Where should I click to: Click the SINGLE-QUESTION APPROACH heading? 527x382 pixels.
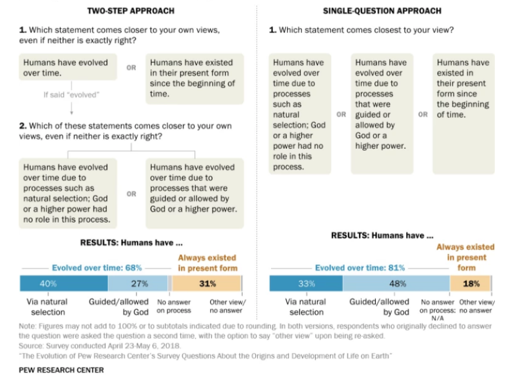(x=382, y=11)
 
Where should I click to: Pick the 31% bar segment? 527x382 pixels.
(x=206, y=283)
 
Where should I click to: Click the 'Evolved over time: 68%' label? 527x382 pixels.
(x=97, y=268)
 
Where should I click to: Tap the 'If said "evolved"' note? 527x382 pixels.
(x=71, y=95)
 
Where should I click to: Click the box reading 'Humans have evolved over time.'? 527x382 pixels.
(x=68, y=68)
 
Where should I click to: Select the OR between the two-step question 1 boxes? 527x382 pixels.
(x=131, y=68)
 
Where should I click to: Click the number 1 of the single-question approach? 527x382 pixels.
(x=273, y=30)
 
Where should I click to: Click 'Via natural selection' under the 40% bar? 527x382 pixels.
(x=48, y=306)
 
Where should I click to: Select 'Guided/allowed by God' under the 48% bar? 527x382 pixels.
(x=379, y=306)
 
